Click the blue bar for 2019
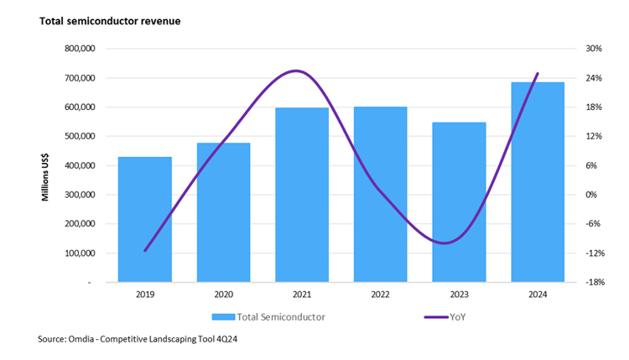point(145,219)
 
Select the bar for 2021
point(302,195)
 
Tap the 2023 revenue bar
point(459,202)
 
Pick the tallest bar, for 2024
point(538,181)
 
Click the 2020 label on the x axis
point(223,295)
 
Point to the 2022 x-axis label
point(380,295)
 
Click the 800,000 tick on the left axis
point(81,49)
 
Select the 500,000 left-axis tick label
point(81,136)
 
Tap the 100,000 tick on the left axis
point(81,253)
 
